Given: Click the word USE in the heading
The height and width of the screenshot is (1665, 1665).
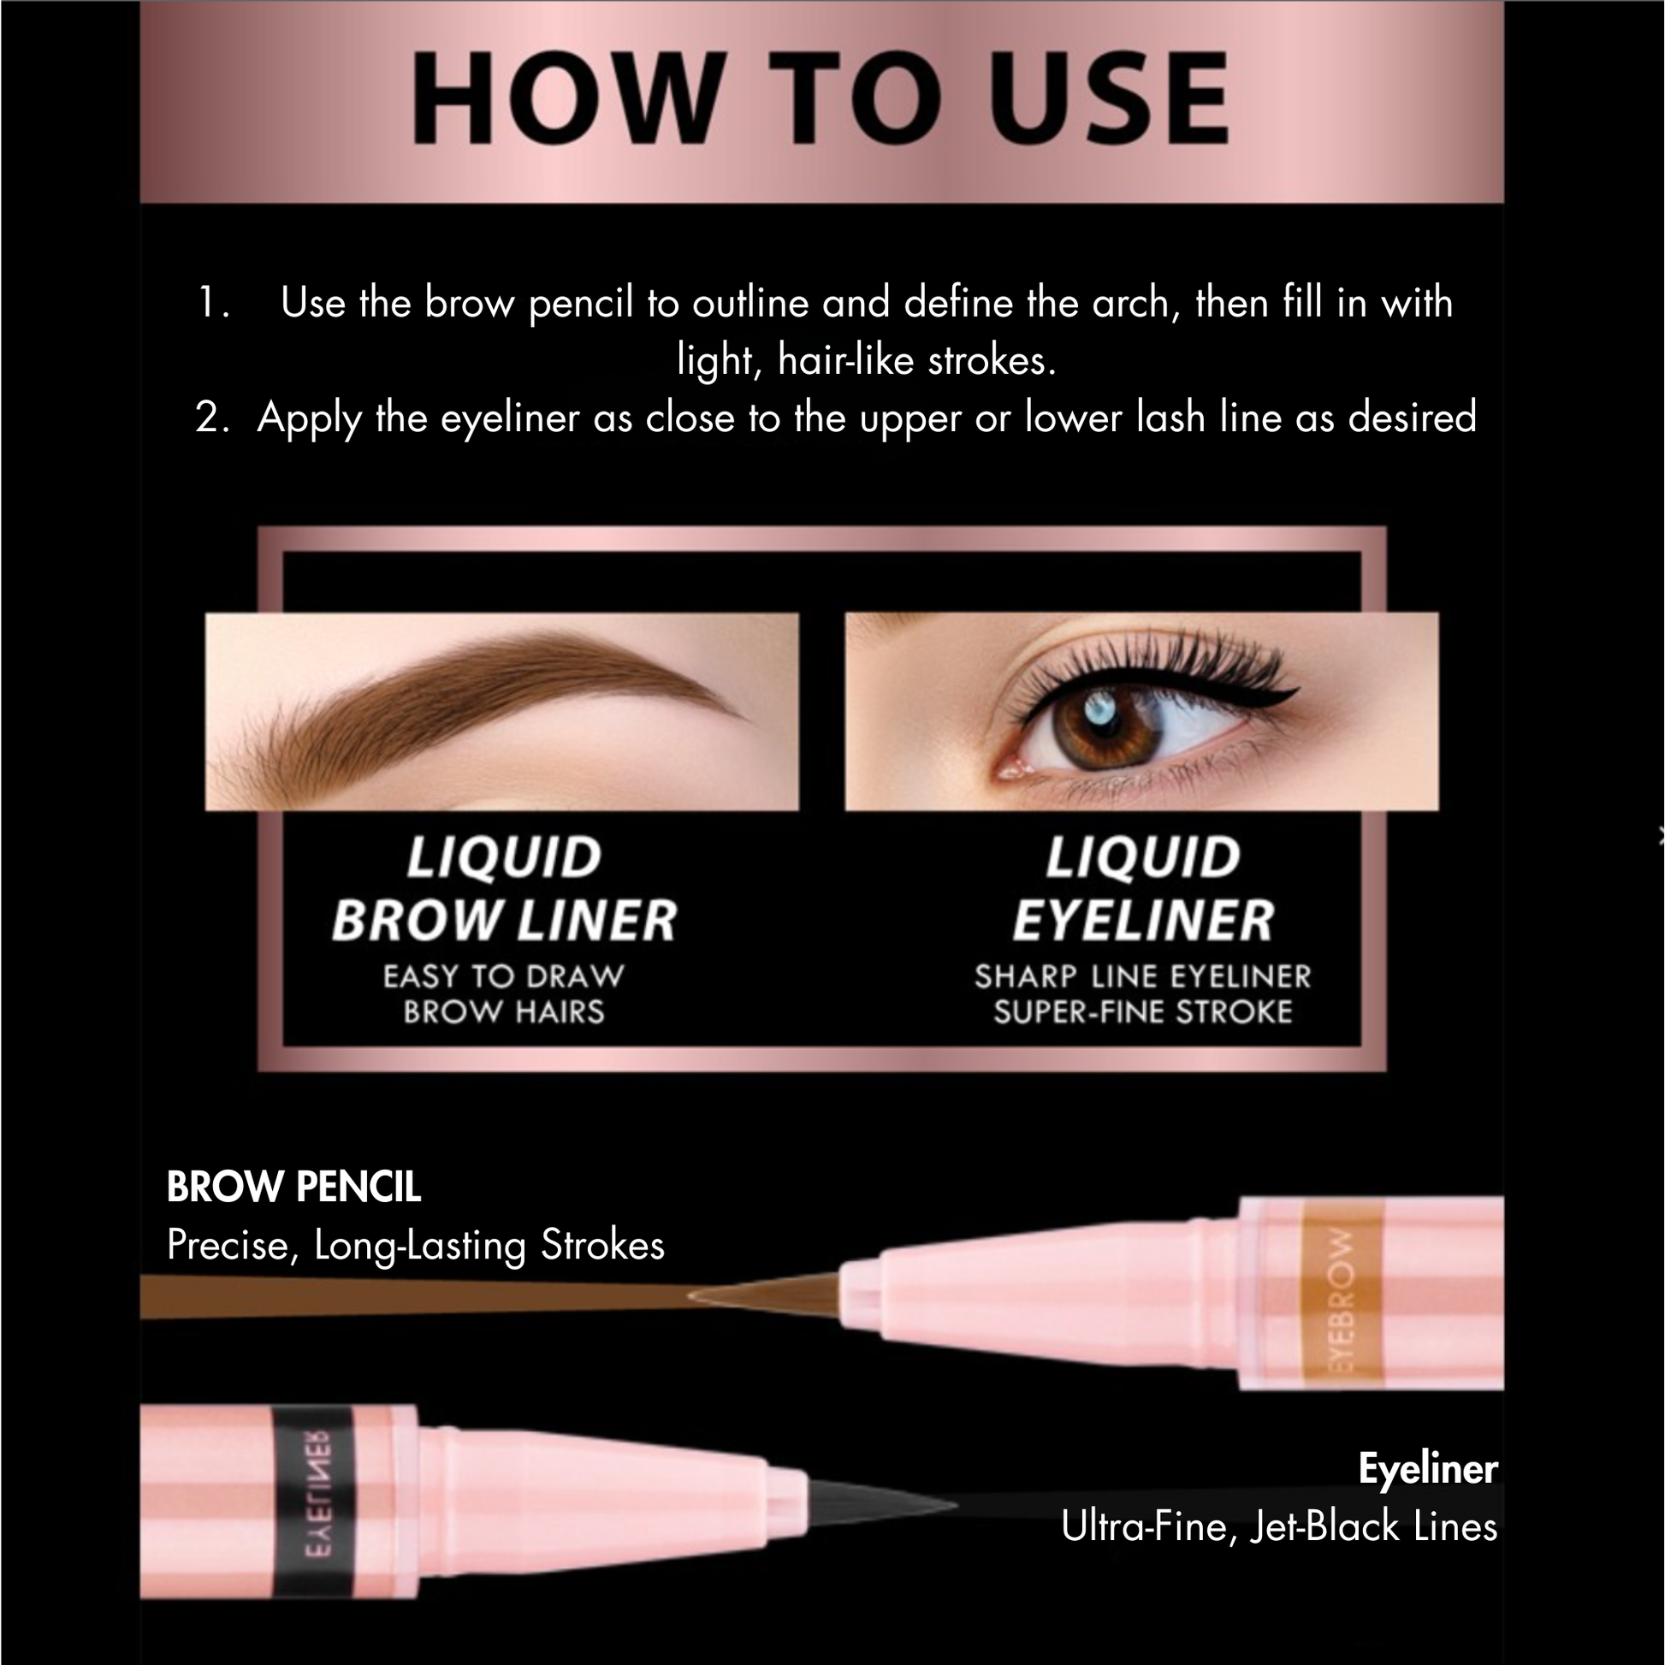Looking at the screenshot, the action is tap(1109, 98).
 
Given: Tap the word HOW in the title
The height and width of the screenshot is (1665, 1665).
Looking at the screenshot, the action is tap(566, 98).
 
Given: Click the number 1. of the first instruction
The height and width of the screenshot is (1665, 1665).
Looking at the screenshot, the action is tap(214, 304).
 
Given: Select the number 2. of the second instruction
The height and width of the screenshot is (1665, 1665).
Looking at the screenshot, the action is tap(213, 418).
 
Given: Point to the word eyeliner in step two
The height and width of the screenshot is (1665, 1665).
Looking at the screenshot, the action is tap(510, 419).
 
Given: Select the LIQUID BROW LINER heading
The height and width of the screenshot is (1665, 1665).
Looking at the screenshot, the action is tap(504, 889).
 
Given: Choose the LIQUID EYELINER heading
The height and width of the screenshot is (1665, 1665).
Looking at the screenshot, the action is tap(1143, 889).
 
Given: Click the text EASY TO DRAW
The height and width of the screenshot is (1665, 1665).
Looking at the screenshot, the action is tap(503, 976).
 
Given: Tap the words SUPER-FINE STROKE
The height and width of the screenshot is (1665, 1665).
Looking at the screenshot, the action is tap(1143, 1012).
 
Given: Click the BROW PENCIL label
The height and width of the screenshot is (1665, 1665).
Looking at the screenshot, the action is tap(293, 1187).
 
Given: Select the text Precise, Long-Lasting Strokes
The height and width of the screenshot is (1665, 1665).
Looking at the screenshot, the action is tap(415, 1245).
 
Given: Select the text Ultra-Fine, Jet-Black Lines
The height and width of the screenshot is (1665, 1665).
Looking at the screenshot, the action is tap(1279, 1526).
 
